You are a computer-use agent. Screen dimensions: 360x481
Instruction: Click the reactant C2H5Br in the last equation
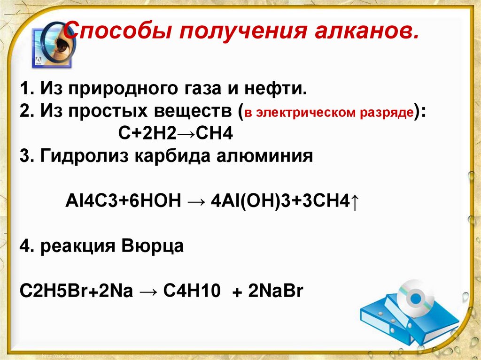click(x=51, y=291)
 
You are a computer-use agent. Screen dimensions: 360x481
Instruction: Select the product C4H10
click(x=192, y=291)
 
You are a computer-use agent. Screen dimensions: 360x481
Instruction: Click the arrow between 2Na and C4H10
click(x=150, y=291)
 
